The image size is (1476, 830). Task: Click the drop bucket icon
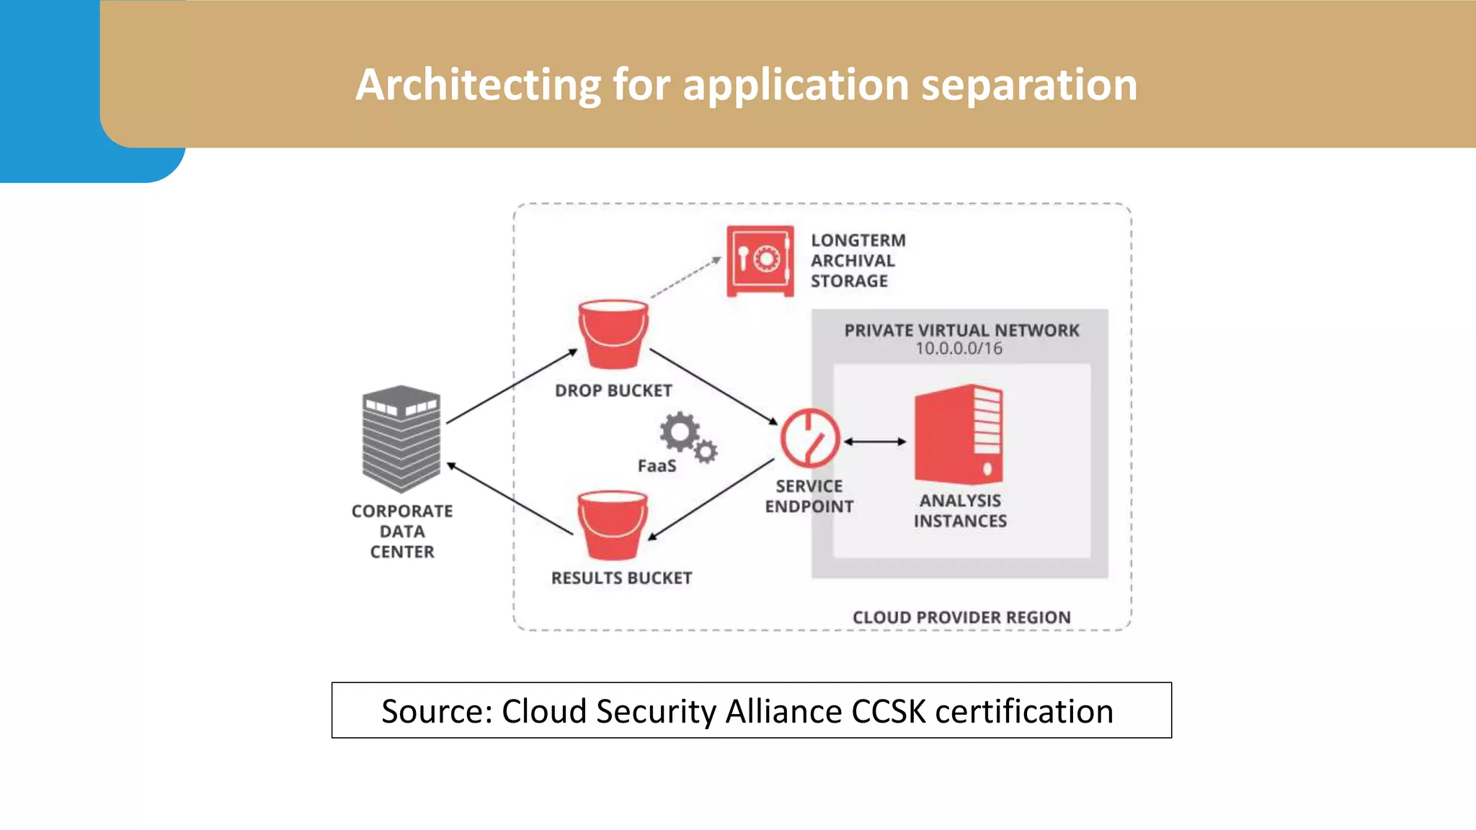pyautogui.click(x=613, y=334)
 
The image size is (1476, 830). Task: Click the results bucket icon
pyautogui.click(x=613, y=525)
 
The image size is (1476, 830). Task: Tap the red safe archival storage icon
pyautogui.click(x=760, y=261)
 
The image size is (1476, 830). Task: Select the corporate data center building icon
pyautogui.click(x=401, y=439)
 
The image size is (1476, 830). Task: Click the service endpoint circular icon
pyautogui.click(x=810, y=438)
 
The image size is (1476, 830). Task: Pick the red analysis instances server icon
pyautogui.click(x=959, y=434)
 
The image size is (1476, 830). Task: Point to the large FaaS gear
pyautogui.click(x=679, y=432)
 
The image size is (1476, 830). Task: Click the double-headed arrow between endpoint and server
pyautogui.click(x=875, y=442)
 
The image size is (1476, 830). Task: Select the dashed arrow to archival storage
pyautogui.click(x=685, y=277)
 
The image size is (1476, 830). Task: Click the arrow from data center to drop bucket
pyautogui.click(x=512, y=386)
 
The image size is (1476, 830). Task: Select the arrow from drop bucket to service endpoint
pyautogui.click(x=713, y=386)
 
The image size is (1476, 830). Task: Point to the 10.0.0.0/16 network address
pyautogui.click(x=959, y=349)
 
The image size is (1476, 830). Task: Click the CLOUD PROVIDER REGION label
pyautogui.click(x=961, y=617)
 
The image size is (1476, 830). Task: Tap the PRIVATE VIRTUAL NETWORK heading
pyautogui.click(x=961, y=331)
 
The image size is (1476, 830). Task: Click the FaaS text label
pyautogui.click(x=657, y=466)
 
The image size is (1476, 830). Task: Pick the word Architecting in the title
pyautogui.click(x=479, y=85)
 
